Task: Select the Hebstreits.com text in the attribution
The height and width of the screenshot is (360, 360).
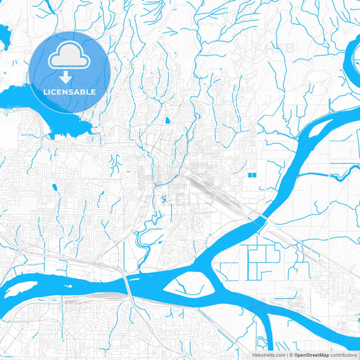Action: coord(268,355)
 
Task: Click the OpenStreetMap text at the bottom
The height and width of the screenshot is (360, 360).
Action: coord(311,355)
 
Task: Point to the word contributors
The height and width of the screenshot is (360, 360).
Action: coord(342,355)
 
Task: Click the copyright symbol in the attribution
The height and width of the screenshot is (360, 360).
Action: coord(290,355)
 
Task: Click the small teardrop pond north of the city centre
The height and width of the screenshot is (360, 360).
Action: coord(167,122)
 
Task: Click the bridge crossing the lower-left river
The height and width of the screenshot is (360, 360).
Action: coord(127,284)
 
